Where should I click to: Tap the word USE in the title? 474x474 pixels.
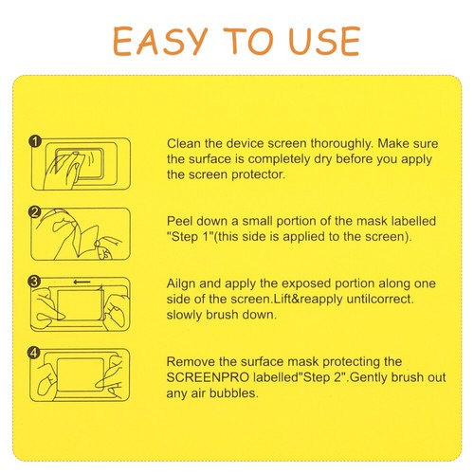322,41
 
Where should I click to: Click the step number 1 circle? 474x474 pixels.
35,141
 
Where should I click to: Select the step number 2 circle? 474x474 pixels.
35,210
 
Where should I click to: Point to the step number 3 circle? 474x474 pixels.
35,282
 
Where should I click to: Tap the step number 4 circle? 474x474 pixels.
35,353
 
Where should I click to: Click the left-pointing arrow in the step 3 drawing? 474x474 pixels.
82,282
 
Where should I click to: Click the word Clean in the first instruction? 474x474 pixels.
185,140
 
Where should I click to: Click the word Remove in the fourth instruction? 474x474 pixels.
191,362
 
